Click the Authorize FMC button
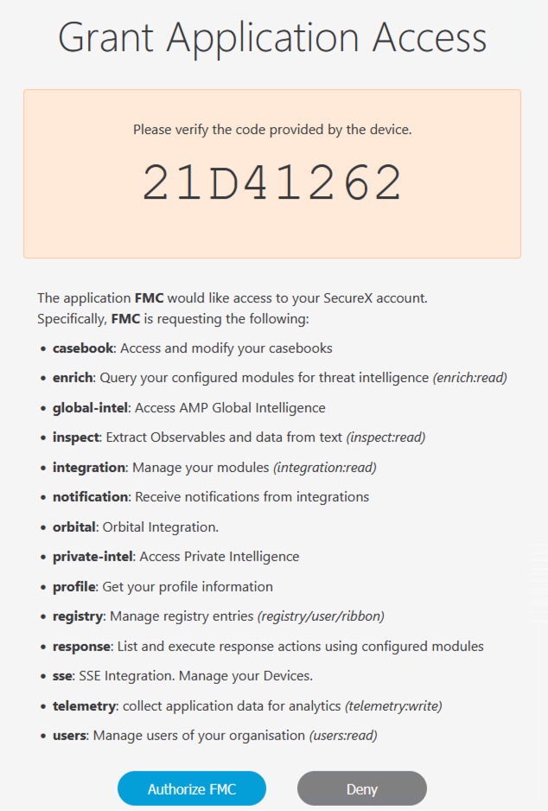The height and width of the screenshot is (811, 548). pyautogui.click(x=192, y=789)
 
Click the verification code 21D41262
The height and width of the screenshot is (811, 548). pyautogui.click(x=272, y=183)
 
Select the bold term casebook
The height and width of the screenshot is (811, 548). pyautogui.click(x=83, y=348)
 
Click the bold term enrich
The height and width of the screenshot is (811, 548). pyautogui.click(x=73, y=378)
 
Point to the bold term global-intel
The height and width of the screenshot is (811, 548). pyautogui.click(x=89, y=408)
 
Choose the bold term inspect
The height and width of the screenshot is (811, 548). pyautogui.click(x=75, y=437)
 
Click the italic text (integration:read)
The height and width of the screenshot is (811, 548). pyautogui.click(x=324, y=468)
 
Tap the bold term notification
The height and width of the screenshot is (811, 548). pyautogui.click(x=90, y=497)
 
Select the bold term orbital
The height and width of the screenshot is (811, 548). pyautogui.click(x=75, y=527)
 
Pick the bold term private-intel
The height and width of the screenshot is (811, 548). pyautogui.click(x=92, y=557)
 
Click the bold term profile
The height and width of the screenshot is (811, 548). pyautogui.click(x=73, y=587)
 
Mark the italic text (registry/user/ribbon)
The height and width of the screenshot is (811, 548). pyautogui.click(x=321, y=616)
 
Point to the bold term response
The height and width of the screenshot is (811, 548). pyautogui.click(x=81, y=647)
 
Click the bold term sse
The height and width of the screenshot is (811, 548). pyautogui.click(x=62, y=676)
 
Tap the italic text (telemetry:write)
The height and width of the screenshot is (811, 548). pyautogui.click(x=393, y=706)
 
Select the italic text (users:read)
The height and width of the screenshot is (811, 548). pyautogui.click(x=343, y=736)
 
